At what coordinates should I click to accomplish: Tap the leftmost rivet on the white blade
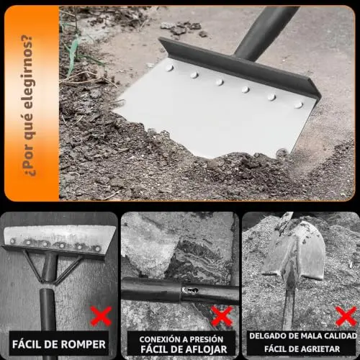[169, 68]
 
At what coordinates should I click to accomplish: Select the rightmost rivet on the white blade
[298, 104]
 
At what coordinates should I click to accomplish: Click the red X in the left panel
[101, 315]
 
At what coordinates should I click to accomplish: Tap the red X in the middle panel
[222, 316]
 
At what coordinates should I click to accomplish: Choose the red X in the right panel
[346, 316]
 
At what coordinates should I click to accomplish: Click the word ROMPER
[83, 345]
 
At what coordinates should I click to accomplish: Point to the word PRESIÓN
[207, 339]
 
